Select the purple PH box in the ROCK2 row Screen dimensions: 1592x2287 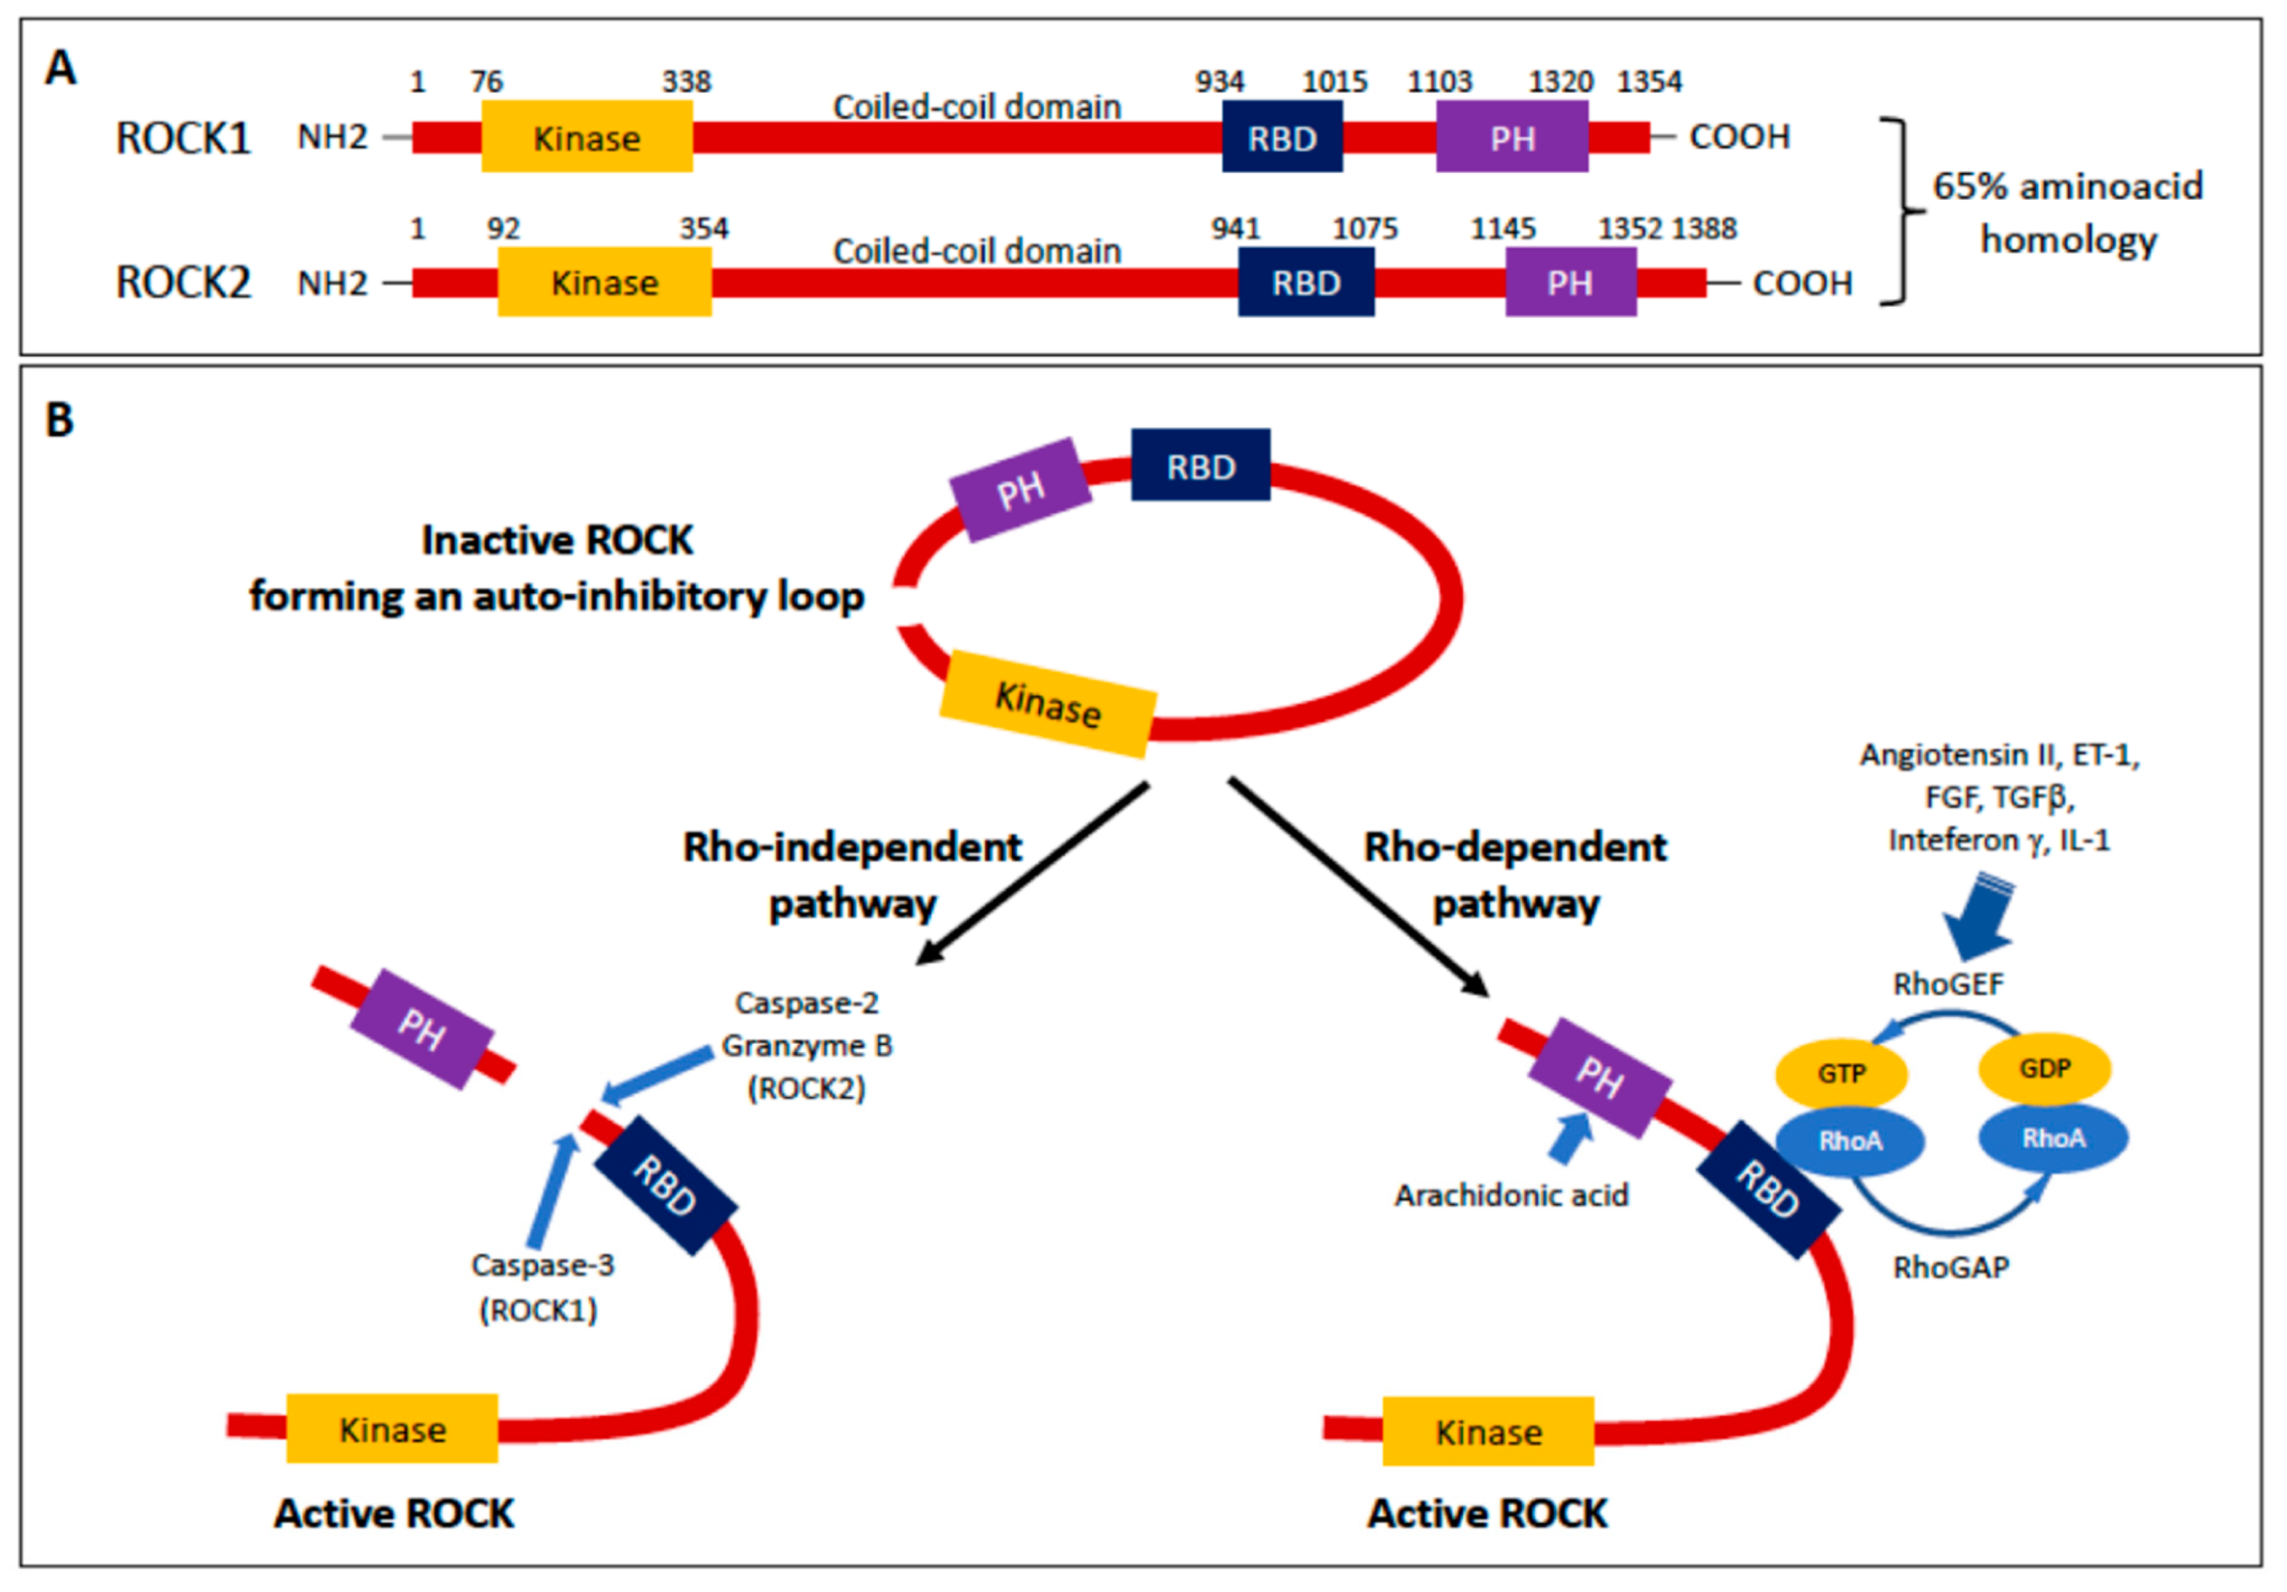coord(1570,283)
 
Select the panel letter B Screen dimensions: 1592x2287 coord(60,419)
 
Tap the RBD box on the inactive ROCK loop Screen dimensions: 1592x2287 coord(1200,465)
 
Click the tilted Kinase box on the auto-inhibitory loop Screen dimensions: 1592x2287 coord(1048,704)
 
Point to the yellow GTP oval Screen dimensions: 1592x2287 coord(1841,1073)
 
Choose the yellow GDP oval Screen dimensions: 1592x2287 coord(2044,1068)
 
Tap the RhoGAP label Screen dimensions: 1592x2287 coord(1950,1267)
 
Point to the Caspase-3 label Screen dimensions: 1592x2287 coord(542,1264)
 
